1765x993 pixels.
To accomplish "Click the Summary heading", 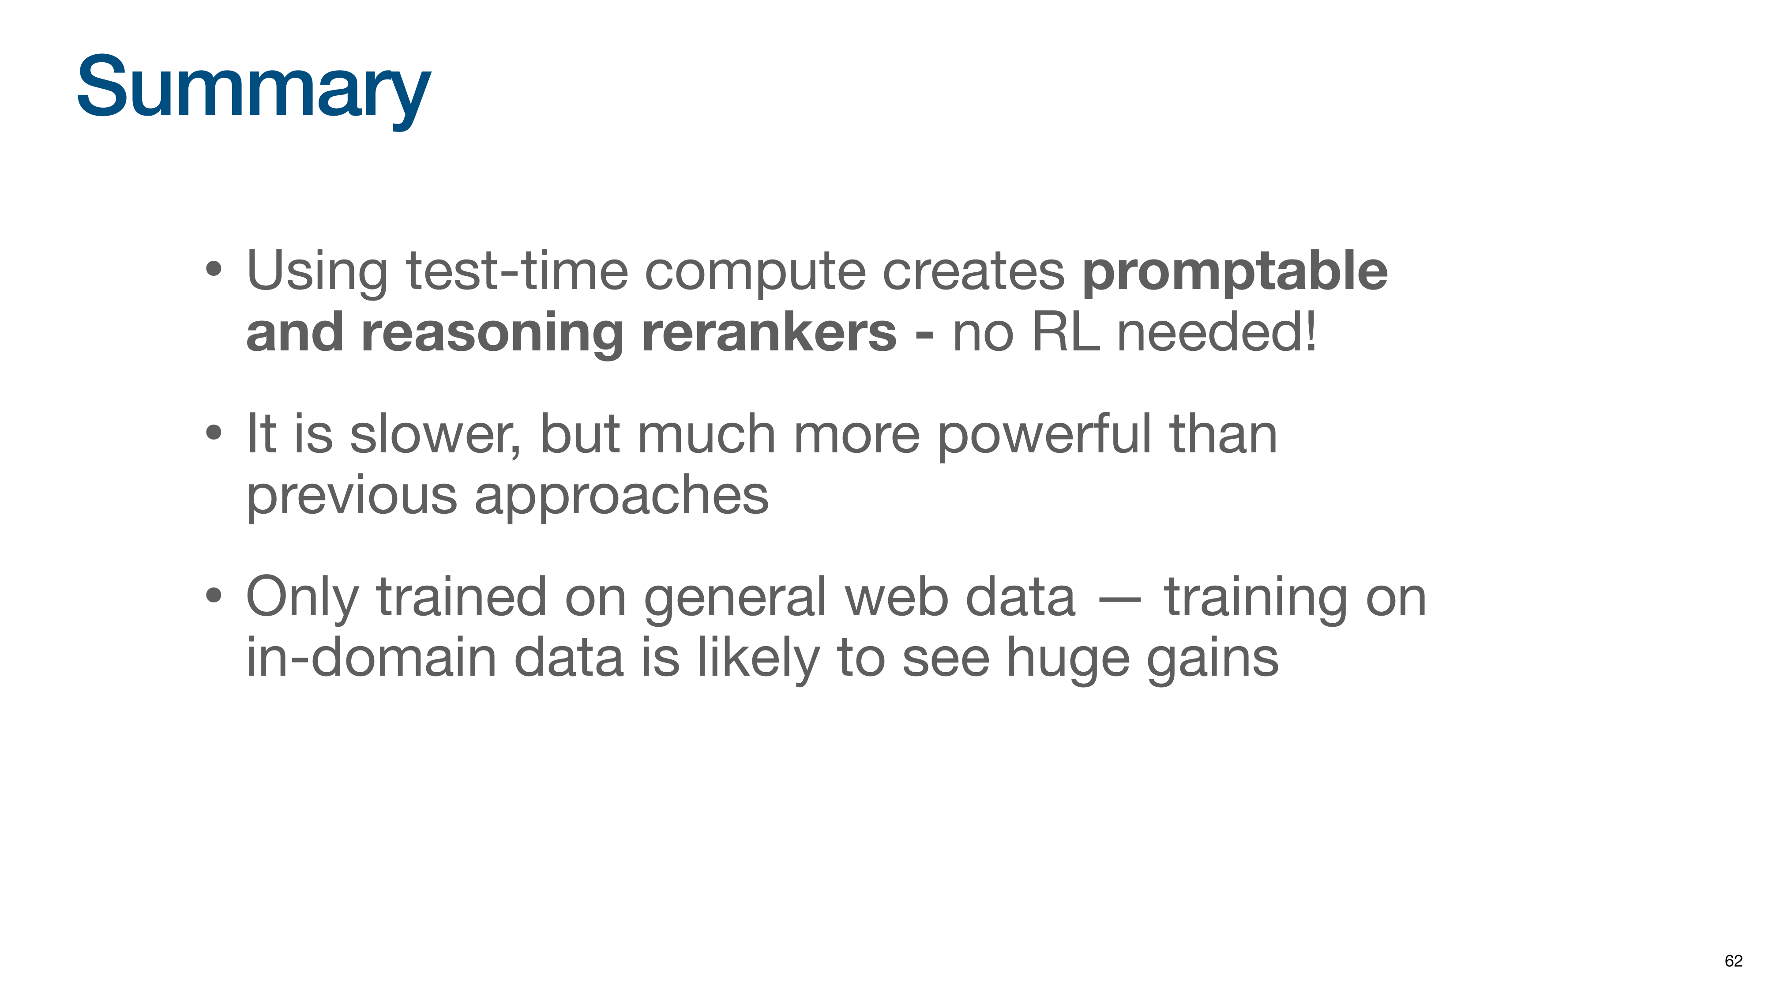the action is tap(254, 89).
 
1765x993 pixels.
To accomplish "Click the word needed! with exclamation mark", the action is tap(1216, 332).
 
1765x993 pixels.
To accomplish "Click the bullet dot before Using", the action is tap(214, 269).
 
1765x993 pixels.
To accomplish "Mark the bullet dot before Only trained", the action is tap(214, 595).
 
